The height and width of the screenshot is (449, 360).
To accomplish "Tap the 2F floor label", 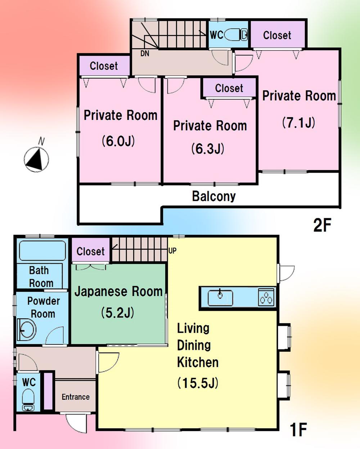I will pos(322,225).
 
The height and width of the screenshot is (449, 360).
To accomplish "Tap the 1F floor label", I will pos(298,429).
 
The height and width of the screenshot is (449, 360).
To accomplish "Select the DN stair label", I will pos(145,54).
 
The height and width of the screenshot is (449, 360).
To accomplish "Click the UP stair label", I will pos(172,251).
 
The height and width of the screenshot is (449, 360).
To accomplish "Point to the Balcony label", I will pos(214,196).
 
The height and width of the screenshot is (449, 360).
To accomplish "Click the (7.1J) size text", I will pos(298,122).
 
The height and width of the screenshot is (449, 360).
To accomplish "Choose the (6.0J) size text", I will pos(118,140).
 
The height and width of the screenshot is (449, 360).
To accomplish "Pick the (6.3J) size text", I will pos(208,148).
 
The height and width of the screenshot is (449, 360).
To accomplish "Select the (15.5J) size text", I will pos(198,383).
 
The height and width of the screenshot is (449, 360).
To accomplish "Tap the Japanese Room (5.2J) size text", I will pos(118,313).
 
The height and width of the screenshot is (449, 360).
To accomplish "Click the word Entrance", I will pos(76,397).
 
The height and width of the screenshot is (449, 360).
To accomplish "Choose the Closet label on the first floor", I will pos(90,251).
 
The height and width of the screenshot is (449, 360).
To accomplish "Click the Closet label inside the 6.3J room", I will pos(229,88).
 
